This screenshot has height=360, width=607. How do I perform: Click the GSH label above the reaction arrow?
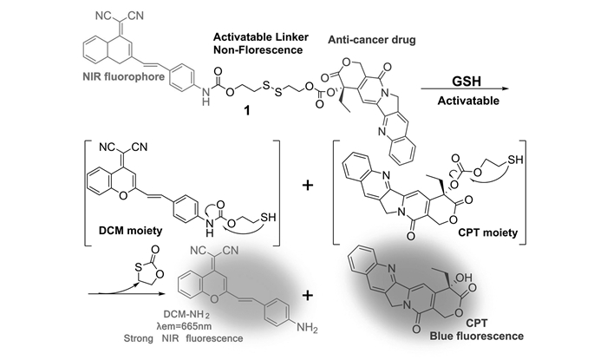[x=467, y=81]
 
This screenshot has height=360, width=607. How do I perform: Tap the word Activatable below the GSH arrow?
[x=468, y=101]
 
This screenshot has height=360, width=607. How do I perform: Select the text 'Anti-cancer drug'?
[x=372, y=40]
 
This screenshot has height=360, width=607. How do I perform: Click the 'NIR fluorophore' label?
[x=124, y=76]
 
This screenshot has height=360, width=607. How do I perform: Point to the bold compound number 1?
[x=246, y=111]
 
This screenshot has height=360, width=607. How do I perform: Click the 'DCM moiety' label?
[x=130, y=231]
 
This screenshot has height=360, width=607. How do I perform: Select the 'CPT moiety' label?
[x=487, y=232]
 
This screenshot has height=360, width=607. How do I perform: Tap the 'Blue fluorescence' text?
[x=477, y=336]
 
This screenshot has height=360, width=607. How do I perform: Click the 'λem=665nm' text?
[x=184, y=326]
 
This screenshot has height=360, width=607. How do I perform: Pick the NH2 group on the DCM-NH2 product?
[x=307, y=328]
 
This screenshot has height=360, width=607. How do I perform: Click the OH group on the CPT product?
[x=464, y=278]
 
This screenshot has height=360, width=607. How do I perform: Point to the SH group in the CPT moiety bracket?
[x=515, y=160]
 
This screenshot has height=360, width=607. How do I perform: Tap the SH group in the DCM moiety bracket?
[x=268, y=217]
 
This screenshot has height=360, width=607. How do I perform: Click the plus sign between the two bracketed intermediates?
[x=308, y=186]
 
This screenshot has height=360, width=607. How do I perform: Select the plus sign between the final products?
[x=308, y=296]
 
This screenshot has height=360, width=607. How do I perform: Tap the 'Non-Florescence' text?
[x=258, y=50]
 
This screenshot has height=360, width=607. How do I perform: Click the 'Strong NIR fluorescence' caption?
[x=184, y=338]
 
